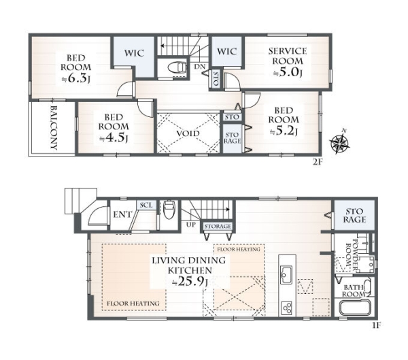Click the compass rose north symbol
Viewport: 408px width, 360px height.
pyautogui.click(x=339, y=143)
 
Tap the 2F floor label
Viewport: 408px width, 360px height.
pyautogui.click(x=318, y=162)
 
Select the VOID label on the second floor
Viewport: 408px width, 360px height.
pyautogui.click(x=188, y=133)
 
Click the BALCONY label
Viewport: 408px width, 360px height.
pyautogui.click(x=54, y=128)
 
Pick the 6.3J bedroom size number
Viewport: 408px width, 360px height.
pyautogui.click(x=75, y=79)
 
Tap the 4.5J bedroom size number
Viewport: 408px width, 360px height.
pyautogui.click(x=114, y=137)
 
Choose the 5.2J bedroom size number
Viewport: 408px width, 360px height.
pyautogui.click(x=284, y=131)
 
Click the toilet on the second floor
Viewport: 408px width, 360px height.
pyautogui.click(x=177, y=68)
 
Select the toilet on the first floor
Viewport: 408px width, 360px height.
pyautogui.click(x=169, y=208)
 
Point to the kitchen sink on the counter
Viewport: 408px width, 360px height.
pyautogui.click(x=286, y=276)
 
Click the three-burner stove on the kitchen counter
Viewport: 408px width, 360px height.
pyautogui.click(x=286, y=308)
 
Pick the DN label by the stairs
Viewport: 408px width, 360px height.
pyautogui.click(x=199, y=67)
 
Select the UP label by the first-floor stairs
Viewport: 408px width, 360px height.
pyautogui.click(x=190, y=225)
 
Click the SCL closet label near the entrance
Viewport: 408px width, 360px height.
pyautogui.click(x=146, y=205)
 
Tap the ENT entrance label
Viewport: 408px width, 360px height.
pyautogui.click(x=122, y=214)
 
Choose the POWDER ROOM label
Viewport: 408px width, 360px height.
pyautogui.click(x=351, y=255)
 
